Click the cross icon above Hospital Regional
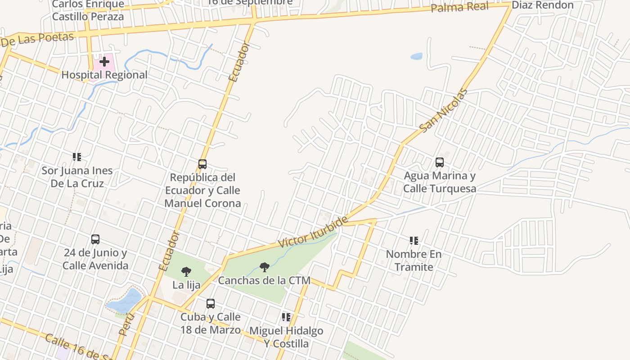104,61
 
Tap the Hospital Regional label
104,75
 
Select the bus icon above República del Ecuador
202,164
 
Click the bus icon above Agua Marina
440,162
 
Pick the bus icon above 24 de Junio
95,239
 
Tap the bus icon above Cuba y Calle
211,304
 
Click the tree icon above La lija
186,272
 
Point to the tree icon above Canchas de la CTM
265,267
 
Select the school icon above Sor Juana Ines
77,157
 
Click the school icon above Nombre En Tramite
414,241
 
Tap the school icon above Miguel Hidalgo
286,317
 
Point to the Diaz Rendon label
543,5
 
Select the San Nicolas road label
443,111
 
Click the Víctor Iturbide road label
313,232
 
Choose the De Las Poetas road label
37,40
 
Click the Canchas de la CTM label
264,280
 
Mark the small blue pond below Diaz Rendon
417,57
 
